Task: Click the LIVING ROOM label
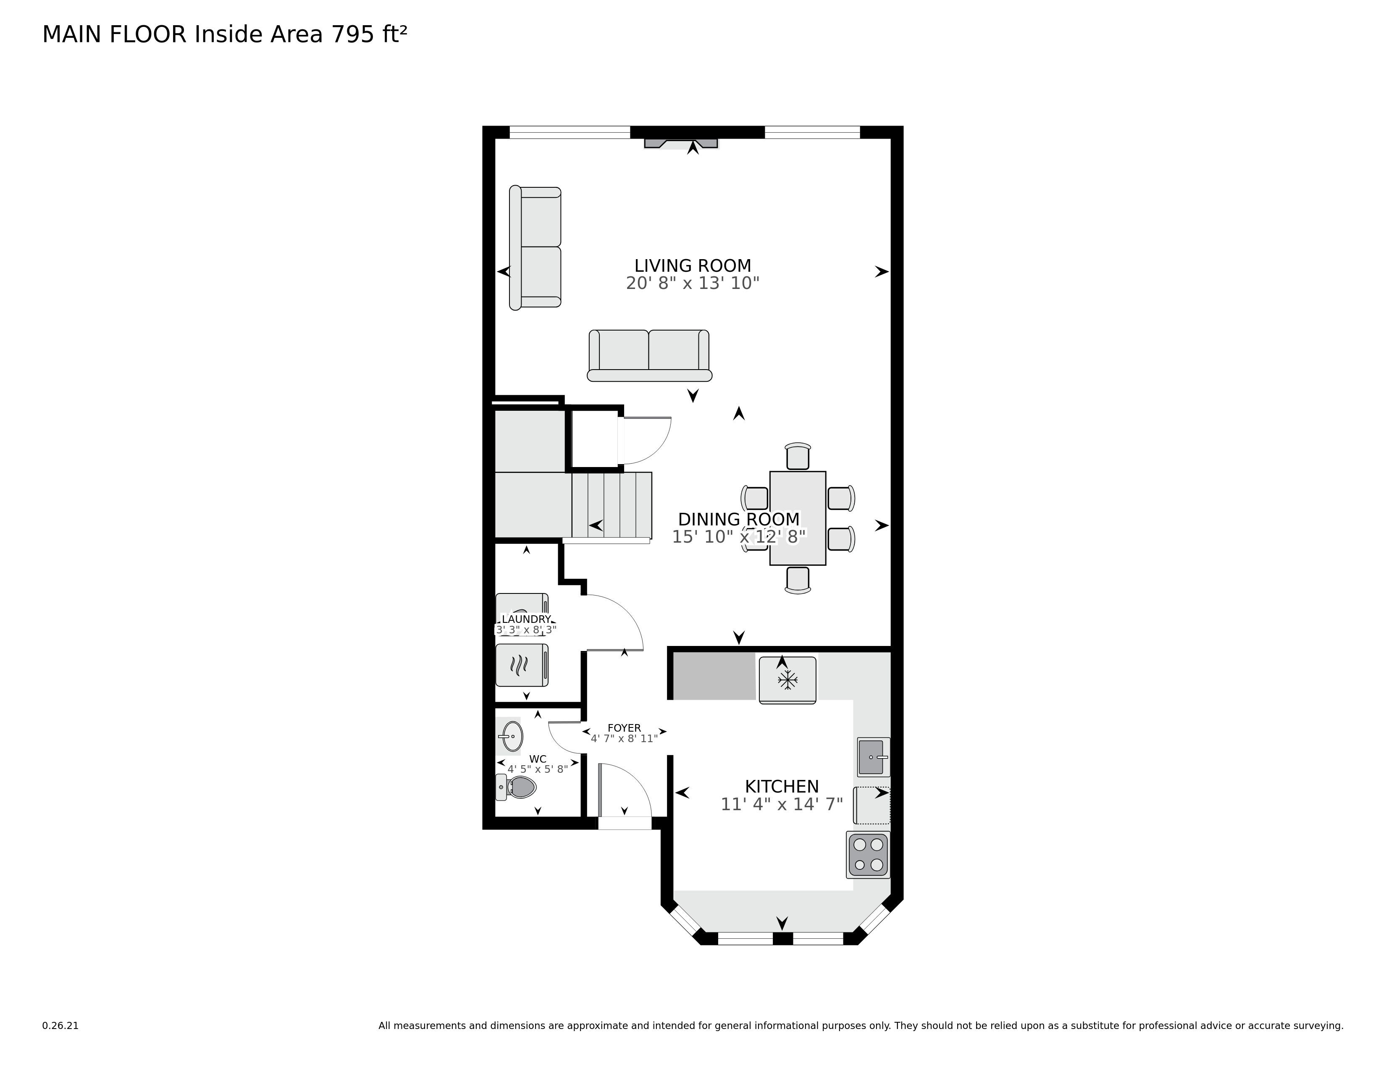(x=692, y=265)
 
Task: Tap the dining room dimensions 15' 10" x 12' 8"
(x=738, y=537)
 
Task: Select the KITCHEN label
(x=781, y=786)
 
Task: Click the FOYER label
(x=624, y=728)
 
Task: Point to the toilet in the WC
(x=517, y=787)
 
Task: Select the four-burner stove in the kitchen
(x=868, y=855)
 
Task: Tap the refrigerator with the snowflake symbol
(x=787, y=680)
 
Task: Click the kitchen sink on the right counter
(x=873, y=757)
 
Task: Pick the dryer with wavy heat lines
(x=521, y=665)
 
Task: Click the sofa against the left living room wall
(x=535, y=247)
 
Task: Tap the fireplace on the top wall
(x=681, y=143)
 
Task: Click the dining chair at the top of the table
(x=798, y=456)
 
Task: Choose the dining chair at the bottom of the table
(x=798, y=580)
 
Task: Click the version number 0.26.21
(x=60, y=1025)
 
